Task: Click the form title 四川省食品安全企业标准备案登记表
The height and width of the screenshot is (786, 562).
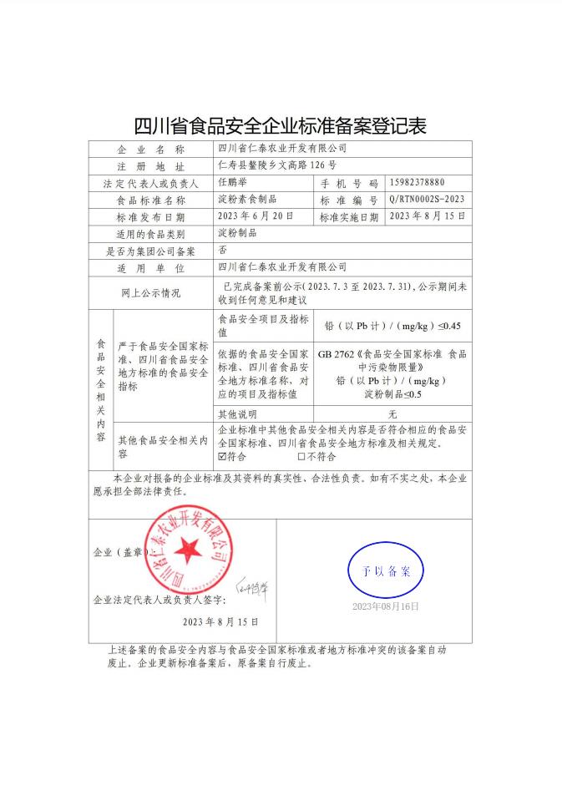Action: (281, 126)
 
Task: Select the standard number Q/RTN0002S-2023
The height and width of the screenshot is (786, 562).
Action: (426, 200)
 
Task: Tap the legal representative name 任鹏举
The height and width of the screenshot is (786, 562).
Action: (233, 182)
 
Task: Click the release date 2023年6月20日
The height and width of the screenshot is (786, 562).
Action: (255, 216)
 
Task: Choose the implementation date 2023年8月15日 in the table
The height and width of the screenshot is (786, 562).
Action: (426, 216)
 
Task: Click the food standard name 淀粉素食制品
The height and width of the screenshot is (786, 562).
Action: (246, 200)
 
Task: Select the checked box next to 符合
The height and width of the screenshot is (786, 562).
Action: (221, 457)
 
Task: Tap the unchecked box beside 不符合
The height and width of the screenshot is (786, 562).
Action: (301, 457)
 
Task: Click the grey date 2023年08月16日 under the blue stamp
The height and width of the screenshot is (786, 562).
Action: (385, 606)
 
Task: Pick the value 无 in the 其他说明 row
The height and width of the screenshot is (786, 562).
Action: (392, 413)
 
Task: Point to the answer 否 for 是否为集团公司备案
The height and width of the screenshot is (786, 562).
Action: (222, 250)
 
